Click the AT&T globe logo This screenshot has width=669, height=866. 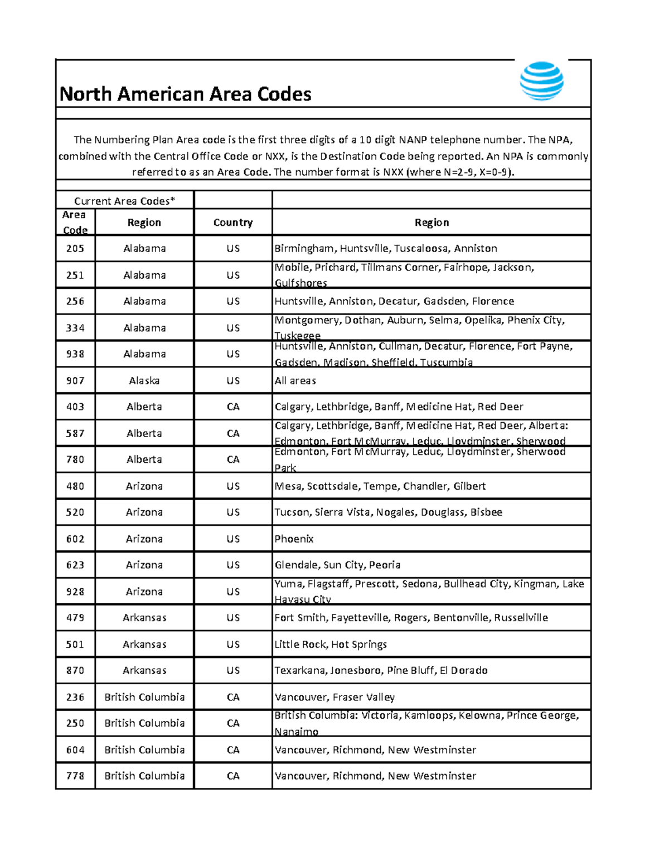541,81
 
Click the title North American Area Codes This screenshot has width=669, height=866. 185,94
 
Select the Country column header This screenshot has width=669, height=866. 233,222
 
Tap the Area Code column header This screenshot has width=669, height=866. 75,222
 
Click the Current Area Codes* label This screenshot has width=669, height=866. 124,201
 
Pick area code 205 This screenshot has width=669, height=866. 75,248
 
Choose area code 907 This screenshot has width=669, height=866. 75,380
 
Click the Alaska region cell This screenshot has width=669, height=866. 144,380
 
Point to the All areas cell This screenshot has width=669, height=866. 295,380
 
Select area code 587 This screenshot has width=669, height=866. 75,433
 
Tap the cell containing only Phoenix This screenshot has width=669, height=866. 294,539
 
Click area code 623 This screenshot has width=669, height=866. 75,565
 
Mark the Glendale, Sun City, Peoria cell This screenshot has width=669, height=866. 337,565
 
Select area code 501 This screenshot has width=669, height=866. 75,644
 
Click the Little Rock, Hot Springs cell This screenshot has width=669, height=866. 331,644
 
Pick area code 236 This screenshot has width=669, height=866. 75,697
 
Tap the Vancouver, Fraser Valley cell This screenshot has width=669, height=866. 334,697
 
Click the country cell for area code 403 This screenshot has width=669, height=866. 233,407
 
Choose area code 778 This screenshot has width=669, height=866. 75,776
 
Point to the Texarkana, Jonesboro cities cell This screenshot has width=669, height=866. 381,670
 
